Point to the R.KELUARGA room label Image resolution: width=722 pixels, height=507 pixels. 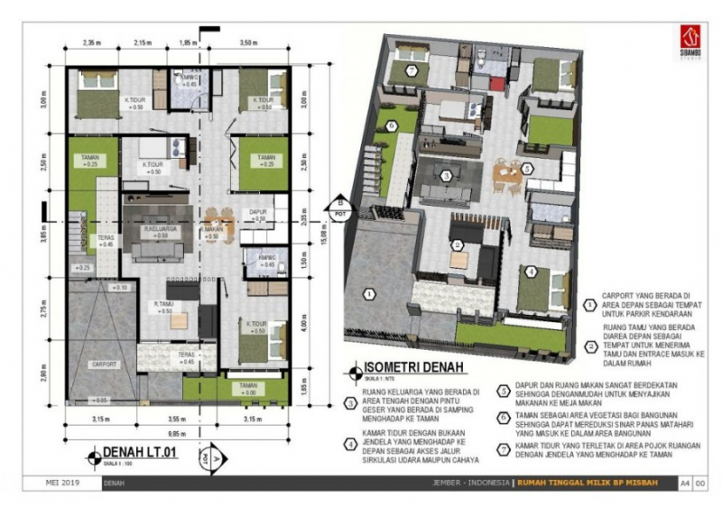tap(159, 230)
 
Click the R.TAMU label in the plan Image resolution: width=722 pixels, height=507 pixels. tap(164, 303)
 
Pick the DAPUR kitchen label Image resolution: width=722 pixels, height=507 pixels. tap(257, 213)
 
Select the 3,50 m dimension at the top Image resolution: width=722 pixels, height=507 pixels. tap(251, 42)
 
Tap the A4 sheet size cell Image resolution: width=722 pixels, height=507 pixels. tap(685, 483)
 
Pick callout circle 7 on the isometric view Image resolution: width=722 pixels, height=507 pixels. tap(412, 70)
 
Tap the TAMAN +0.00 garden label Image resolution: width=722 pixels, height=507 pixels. tap(247, 389)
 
